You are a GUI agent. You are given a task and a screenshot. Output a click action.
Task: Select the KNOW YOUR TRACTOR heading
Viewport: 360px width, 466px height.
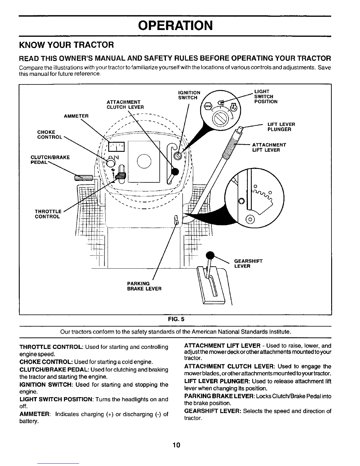pos(66,45)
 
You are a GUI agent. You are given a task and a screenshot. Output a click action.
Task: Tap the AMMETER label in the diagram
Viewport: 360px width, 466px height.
pos(76,116)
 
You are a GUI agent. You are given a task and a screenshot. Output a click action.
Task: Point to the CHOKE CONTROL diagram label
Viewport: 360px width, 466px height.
pos(49,135)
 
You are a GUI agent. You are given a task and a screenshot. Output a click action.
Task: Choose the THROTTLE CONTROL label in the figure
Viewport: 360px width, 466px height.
pos(48,214)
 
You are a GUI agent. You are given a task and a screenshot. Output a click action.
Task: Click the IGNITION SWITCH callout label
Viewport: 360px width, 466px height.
pos(189,95)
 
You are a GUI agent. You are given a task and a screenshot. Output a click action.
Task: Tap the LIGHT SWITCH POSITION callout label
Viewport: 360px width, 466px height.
pos(266,96)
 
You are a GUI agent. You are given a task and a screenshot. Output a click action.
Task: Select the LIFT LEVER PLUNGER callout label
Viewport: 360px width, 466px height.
pos(281,127)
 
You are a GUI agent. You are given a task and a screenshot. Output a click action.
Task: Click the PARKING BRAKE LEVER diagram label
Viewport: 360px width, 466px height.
pos(144,286)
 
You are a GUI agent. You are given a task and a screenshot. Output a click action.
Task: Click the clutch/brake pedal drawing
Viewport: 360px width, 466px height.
pos(84,177)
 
